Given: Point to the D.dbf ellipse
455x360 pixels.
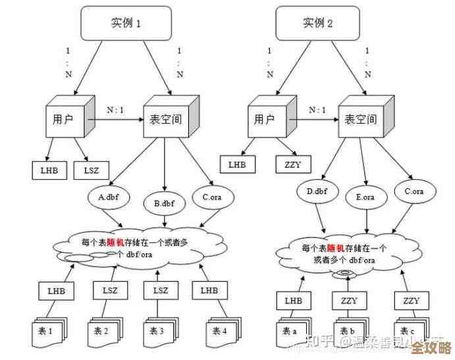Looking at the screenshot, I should [317, 192].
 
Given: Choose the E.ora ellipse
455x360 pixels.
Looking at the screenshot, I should [365, 196].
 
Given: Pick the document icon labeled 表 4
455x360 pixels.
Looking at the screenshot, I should [218, 328].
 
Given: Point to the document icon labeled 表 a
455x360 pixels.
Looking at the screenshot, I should [289, 328].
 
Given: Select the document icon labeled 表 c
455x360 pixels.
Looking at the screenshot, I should [408, 328].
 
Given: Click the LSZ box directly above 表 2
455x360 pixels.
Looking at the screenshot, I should [109, 290].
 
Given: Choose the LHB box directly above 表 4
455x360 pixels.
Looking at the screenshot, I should [209, 290].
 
